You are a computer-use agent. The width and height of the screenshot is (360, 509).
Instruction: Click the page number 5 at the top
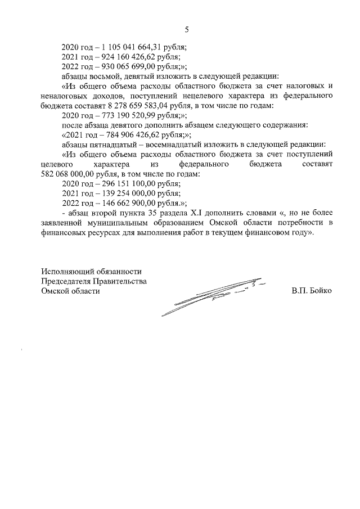tap(187, 30)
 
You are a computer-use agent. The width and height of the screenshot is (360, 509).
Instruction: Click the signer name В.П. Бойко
tap(312, 291)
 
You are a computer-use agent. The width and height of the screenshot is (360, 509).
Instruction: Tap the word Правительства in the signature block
tap(121, 281)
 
